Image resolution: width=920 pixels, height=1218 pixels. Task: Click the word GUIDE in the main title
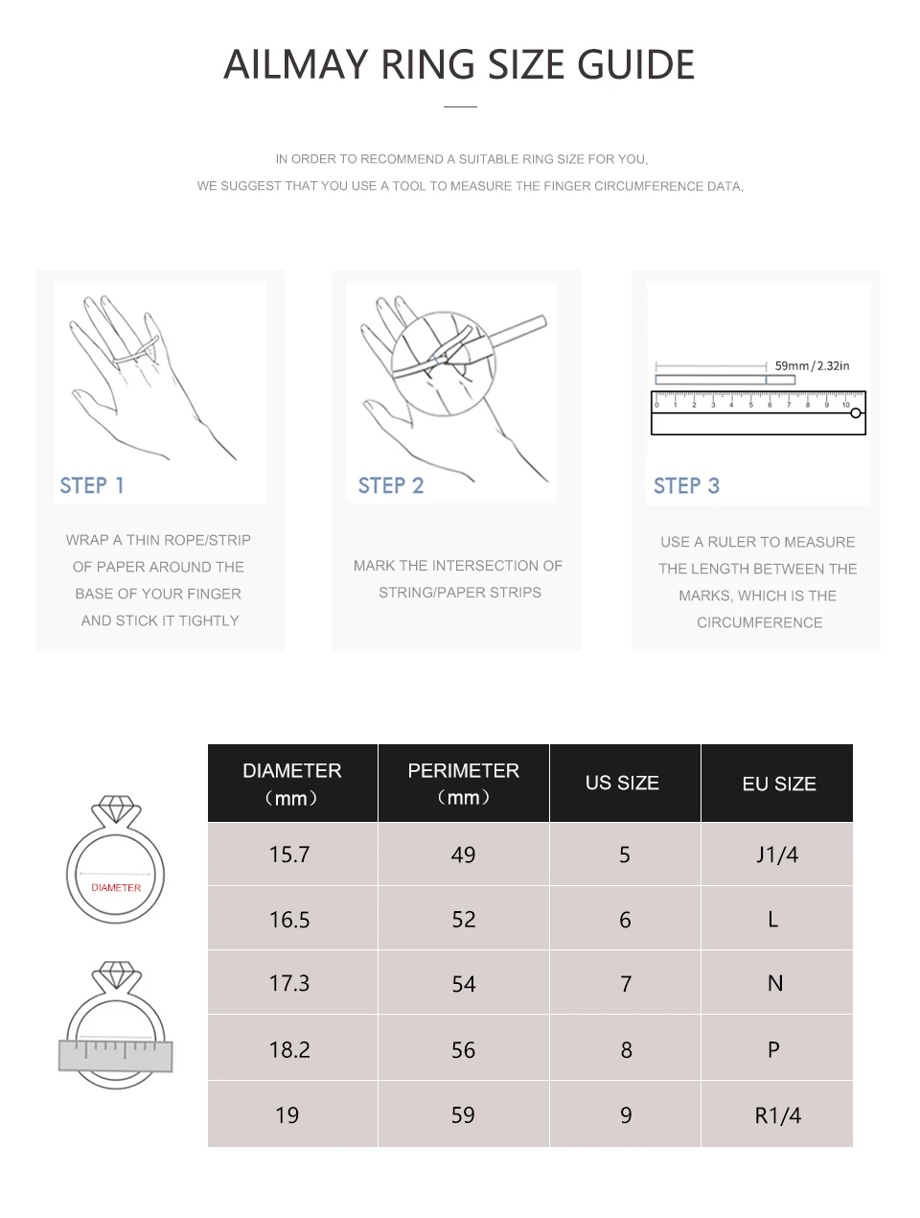tap(635, 64)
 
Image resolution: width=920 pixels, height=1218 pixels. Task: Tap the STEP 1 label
tap(91, 485)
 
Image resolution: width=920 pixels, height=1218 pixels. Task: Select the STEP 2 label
tap(391, 485)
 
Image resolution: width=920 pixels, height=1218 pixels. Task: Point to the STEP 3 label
tap(686, 485)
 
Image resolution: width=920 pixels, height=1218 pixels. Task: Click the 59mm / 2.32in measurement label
tap(812, 365)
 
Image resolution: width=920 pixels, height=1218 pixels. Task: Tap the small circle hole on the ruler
tap(855, 412)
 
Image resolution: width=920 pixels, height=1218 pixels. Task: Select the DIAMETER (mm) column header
tap(292, 783)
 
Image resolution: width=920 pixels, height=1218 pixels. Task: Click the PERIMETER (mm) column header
tap(463, 783)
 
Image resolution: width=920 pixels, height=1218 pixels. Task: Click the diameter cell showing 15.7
tap(289, 854)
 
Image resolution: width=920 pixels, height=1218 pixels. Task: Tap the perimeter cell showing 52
tap(463, 919)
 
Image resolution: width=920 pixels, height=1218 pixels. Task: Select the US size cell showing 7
tap(625, 983)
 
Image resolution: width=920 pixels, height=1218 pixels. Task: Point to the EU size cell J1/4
tap(777, 854)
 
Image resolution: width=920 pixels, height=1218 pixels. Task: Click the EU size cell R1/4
tap(777, 1114)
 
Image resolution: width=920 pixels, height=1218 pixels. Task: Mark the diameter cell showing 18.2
tap(289, 1049)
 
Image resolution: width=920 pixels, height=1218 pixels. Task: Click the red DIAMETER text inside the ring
tap(116, 887)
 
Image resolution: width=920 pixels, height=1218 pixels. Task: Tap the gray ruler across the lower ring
tap(115, 1055)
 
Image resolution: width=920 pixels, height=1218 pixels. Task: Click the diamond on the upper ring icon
tap(115, 808)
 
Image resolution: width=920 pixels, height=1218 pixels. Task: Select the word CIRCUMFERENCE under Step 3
tap(759, 622)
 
